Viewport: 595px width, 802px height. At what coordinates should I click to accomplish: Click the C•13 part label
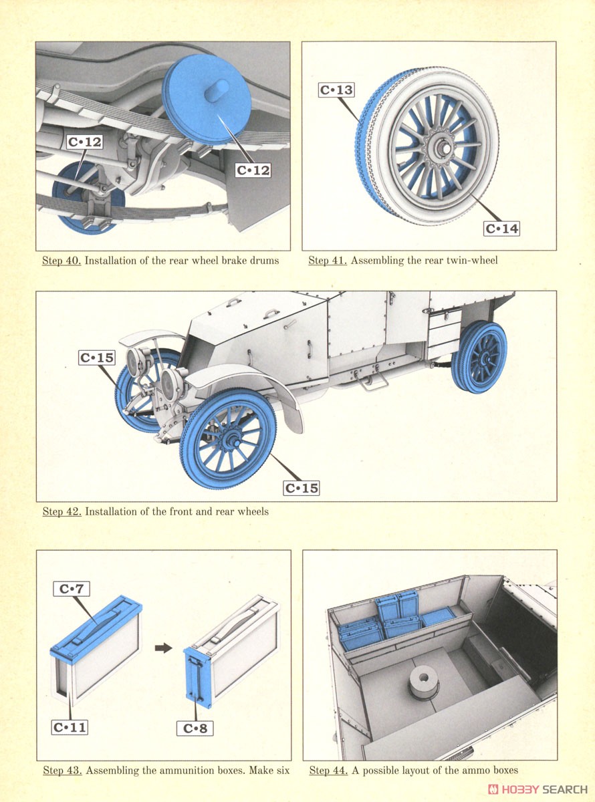click(x=336, y=90)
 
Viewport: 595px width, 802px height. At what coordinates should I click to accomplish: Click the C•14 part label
click(x=501, y=229)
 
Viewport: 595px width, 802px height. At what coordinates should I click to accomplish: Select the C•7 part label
click(x=71, y=589)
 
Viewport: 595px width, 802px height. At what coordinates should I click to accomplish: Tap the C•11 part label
click(x=69, y=727)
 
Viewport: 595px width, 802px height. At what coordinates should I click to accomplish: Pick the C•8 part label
click(x=196, y=728)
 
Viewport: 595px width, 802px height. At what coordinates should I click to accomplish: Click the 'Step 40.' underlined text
click(x=62, y=261)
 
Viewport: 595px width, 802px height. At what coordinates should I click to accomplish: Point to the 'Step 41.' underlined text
click(x=327, y=261)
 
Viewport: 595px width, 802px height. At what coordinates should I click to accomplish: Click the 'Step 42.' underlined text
click(x=62, y=511)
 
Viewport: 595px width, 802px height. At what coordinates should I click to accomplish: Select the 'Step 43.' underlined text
click(x=62, y=771)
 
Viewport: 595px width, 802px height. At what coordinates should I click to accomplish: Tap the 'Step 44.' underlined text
click(x=327, y=771)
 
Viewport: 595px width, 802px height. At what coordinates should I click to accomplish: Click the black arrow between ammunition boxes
click(x=163, y=648)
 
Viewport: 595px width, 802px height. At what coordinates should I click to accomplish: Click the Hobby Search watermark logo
click(x=540, y=789)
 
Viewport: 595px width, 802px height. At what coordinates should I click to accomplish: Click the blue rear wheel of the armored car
click(x=480, y=358)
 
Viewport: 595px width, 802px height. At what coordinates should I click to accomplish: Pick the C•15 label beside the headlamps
click(x=96, y=358)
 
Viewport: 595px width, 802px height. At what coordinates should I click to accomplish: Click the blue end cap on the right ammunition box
click(x=199, y=675)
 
